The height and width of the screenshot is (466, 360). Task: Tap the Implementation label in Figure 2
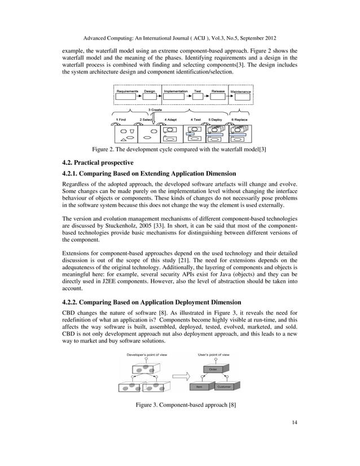175,90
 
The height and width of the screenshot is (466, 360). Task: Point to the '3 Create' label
156,109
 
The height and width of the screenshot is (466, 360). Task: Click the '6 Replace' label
240,120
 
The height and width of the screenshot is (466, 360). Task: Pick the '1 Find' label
120,120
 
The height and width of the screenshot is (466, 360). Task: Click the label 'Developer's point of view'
146,354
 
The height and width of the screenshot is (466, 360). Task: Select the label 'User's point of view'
214,354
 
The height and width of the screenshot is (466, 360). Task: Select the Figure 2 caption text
179,150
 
